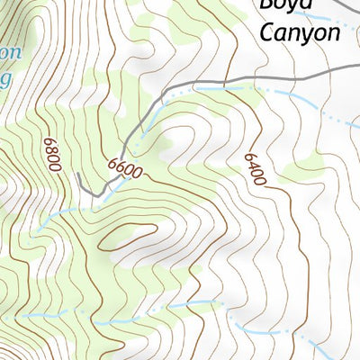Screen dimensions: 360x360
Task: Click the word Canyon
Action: click(300, 33)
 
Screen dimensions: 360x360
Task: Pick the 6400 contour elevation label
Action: click(255, 168)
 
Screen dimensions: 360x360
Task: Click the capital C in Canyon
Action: click(267, 33)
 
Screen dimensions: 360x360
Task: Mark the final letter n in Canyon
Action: click(333, 34)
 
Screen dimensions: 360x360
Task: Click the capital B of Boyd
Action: click(267, 4)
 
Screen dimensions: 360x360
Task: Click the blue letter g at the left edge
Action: click(6, 77)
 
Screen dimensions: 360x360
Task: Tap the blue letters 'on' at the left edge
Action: click(7, 51)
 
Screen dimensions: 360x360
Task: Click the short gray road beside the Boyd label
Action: click(342, 7)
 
